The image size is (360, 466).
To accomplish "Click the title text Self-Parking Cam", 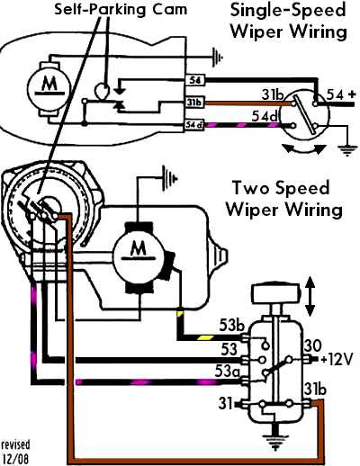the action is (x=121, y=9).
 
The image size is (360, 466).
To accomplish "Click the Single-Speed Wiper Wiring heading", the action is (x=289, y=21).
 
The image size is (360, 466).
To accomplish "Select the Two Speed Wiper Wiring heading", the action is (x=283, y=198).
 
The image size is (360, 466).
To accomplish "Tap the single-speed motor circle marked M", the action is (x=49, y=88).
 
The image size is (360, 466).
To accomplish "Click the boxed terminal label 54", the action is (x=195, y=80).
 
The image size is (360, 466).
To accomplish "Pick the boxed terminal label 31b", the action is (x=195, y=103).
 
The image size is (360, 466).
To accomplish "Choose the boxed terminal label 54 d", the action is (x=193, y=125).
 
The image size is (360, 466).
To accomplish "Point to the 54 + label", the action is (x=341, y=94).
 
